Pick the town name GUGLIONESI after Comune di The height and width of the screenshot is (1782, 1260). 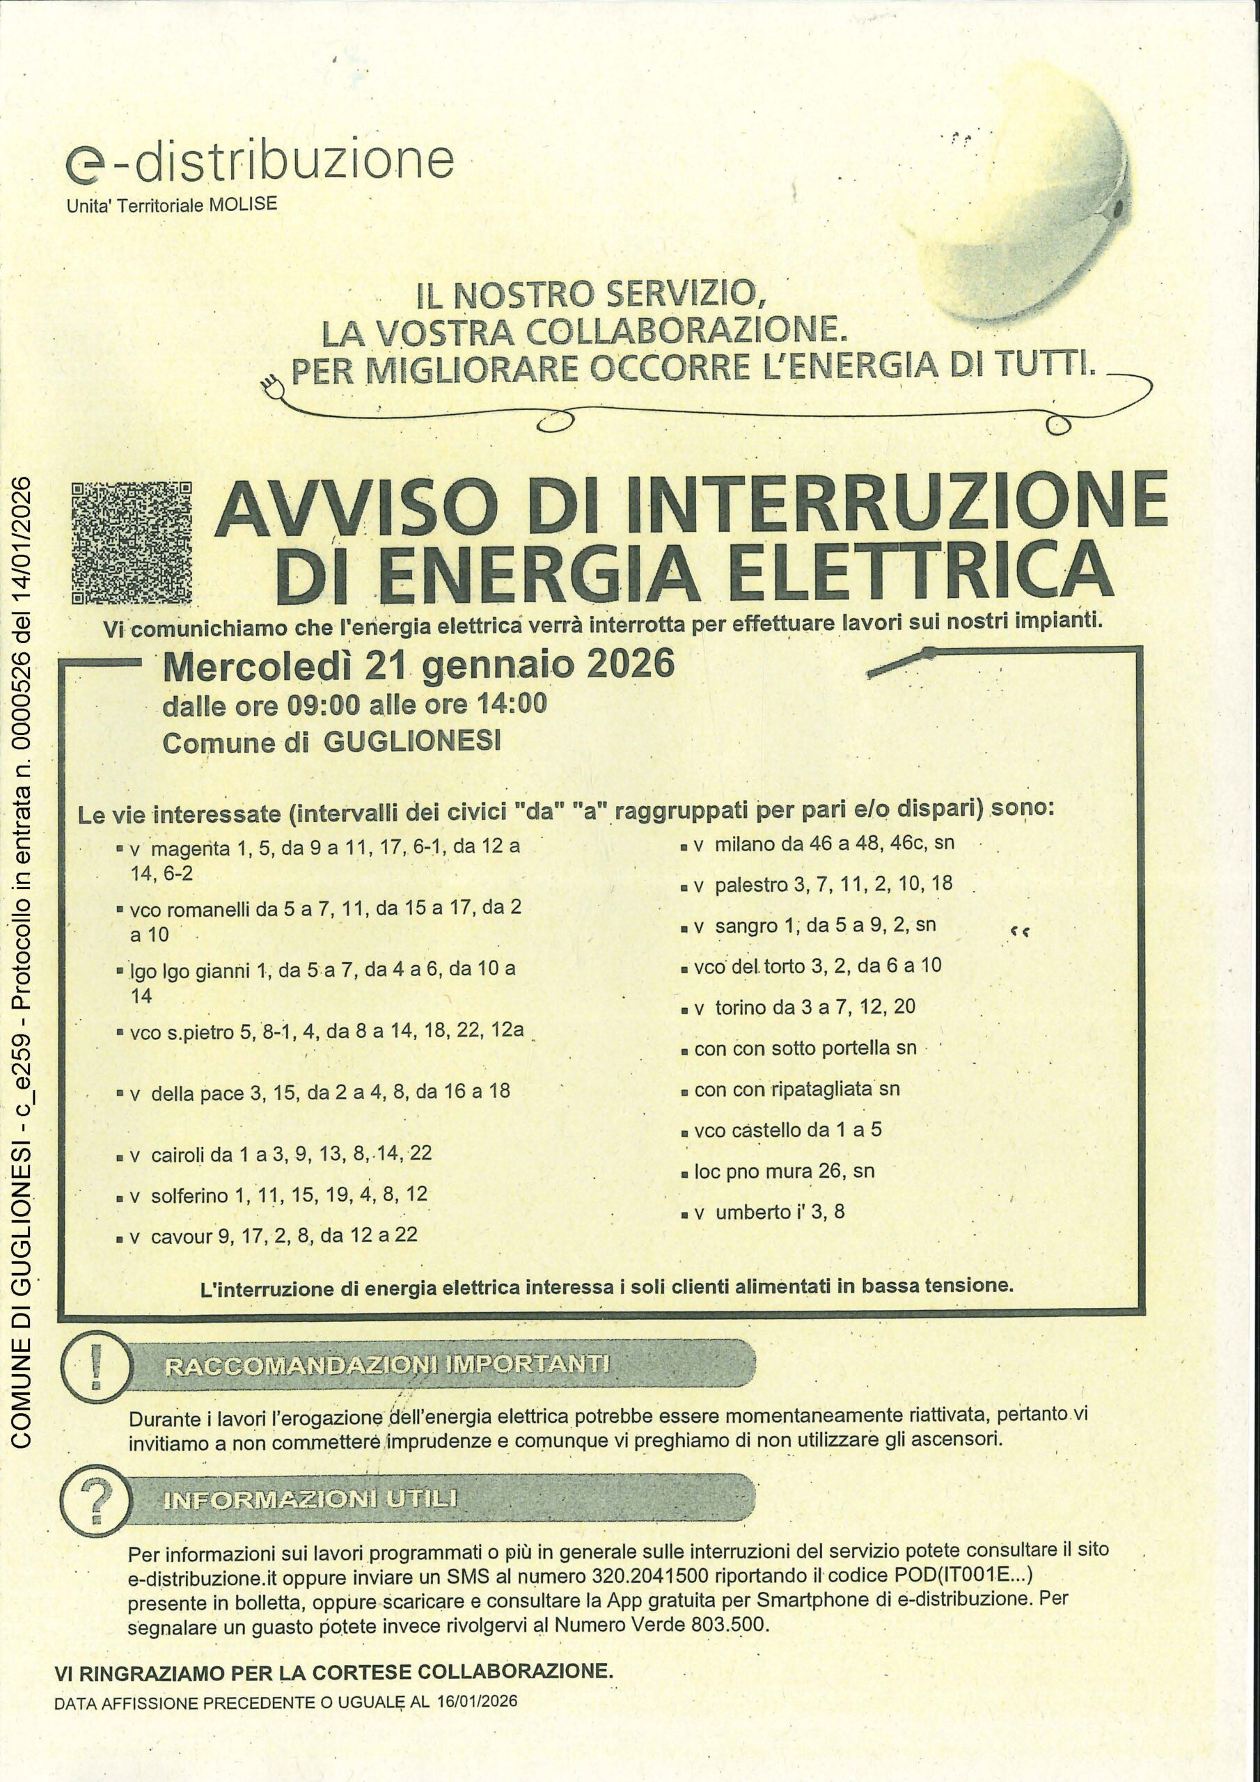pos(411,743)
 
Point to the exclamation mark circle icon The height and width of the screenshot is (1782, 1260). pos(95,1365)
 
